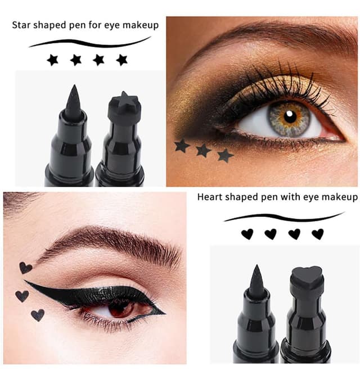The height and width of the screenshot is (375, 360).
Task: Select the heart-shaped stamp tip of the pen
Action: (x=306, y=277)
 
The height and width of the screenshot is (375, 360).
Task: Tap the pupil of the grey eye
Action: (x=290, y=116)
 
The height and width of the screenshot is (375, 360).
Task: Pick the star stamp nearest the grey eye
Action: (x=225, y=155)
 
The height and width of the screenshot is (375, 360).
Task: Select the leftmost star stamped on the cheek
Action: (x=182, y=146)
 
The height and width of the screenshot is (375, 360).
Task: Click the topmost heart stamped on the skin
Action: (x=25, y=268)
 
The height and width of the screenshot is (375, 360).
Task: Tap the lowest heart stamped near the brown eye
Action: (x=38, y=315)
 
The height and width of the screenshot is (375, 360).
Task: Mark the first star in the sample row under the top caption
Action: (x=53, y=60)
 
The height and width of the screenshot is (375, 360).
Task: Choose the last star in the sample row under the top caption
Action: (x=121, y=60)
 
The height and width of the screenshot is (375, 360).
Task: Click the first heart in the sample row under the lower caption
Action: (x=247, y=234)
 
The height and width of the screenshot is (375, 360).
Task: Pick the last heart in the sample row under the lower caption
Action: (x=318, y=234)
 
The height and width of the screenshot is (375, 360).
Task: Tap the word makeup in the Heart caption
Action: (x=340, y=197)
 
